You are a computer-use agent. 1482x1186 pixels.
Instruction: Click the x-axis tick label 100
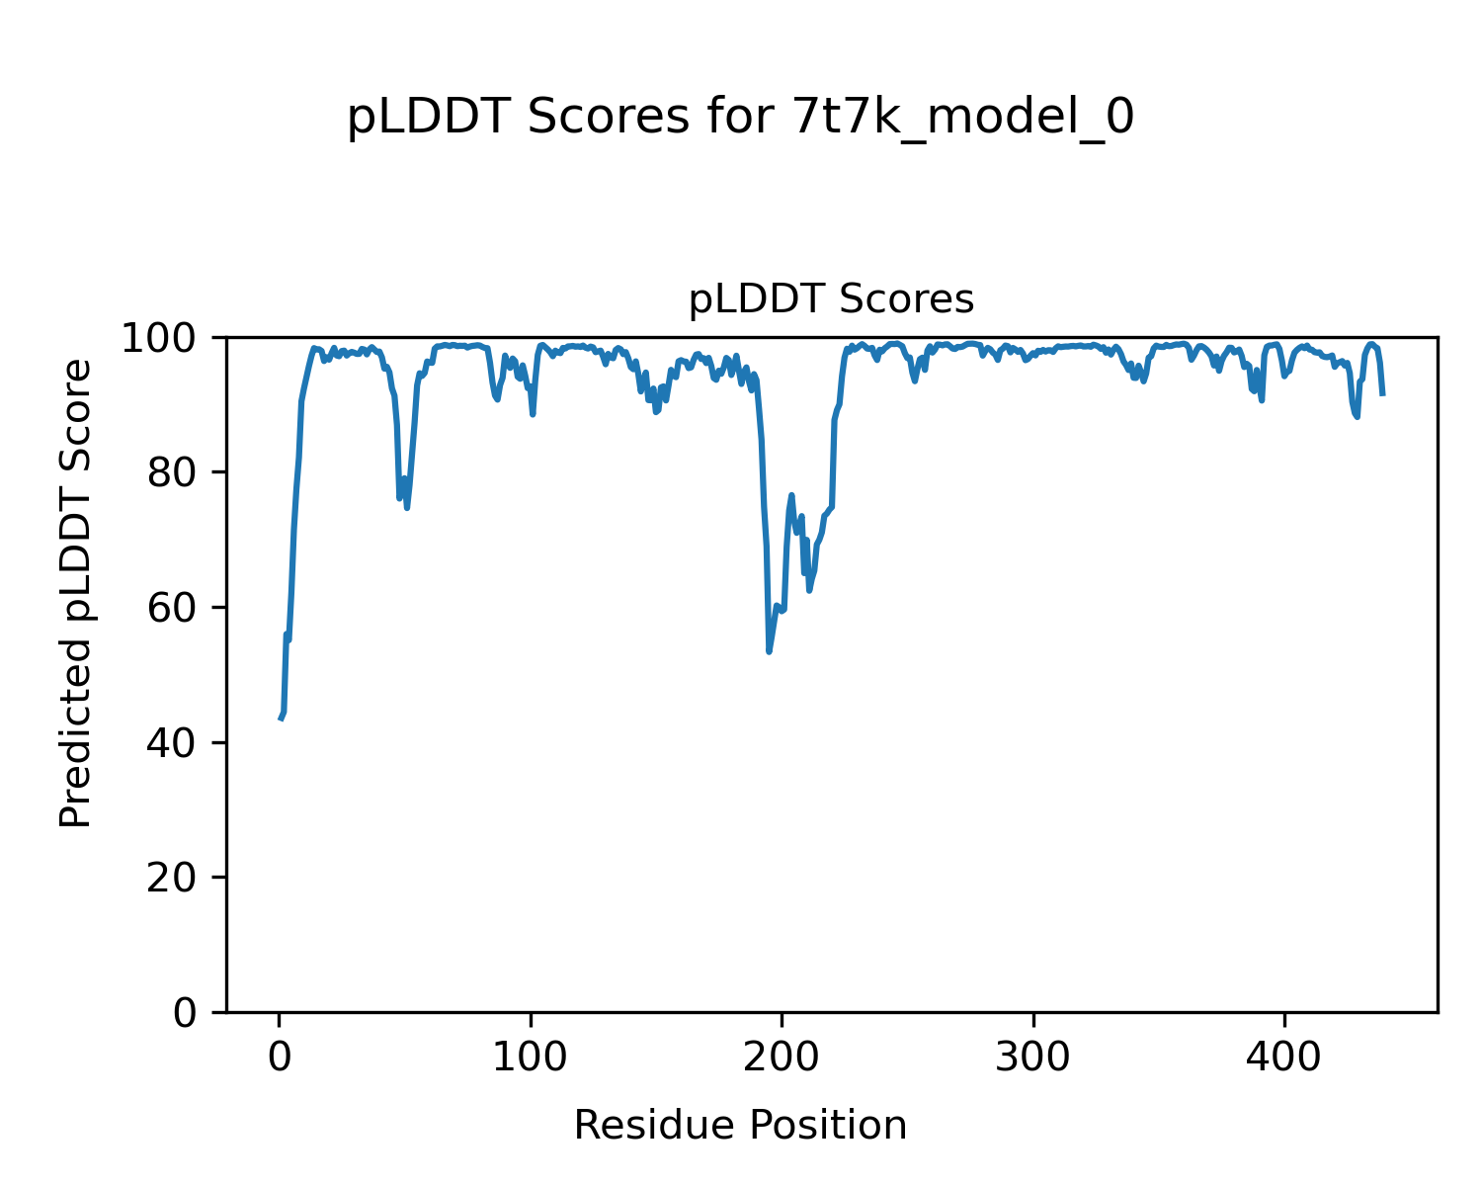pos(531,1058)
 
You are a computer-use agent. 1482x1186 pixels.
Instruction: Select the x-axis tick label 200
pos(782,1058)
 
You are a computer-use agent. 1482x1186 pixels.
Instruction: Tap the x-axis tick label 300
pos(1033,1058)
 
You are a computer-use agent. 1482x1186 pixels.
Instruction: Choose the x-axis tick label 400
pos(1284,1058)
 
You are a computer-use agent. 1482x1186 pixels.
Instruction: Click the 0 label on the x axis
pos(280,1058)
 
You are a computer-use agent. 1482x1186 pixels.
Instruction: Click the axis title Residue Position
pos(740,1126)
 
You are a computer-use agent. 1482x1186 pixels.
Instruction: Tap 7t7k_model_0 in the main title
pos(963,119)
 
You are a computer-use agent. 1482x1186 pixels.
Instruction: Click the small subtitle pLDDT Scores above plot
pos(831,299)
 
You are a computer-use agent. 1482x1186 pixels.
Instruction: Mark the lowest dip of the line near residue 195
pos(769,651)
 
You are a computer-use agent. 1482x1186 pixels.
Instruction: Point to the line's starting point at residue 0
pos(280,719)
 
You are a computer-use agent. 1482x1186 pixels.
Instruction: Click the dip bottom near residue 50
pos(406,507)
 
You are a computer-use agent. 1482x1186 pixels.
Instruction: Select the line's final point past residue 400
pos(1382,395)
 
